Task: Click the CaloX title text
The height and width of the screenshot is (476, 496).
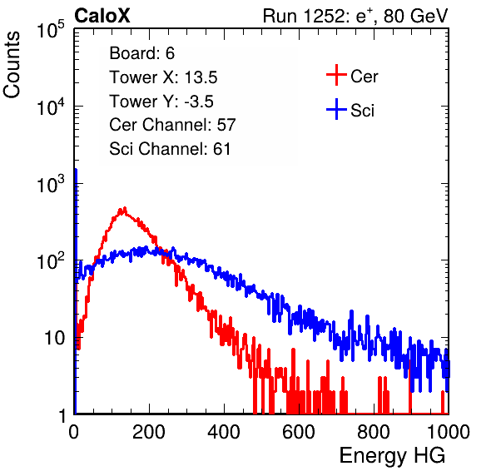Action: pos(102,16)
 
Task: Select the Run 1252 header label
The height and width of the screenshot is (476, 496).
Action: pos(355,16)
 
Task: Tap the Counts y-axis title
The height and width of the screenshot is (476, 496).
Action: pos(12,65)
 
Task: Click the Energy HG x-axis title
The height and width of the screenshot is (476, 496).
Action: pos(392,455)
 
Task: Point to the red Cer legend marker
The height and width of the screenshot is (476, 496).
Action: pos(336,75)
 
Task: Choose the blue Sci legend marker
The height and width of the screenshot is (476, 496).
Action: pos(336,110)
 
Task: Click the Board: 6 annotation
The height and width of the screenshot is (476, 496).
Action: pos(141,53)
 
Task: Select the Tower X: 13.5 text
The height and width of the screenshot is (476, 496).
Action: pos(163,77)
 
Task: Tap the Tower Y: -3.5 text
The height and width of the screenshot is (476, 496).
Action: pos(161,102)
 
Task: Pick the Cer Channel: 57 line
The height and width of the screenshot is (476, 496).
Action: pos(172,125)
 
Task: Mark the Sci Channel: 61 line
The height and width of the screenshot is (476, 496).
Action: pos(170,149)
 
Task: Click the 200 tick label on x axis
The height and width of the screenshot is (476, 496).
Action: pos(149,432)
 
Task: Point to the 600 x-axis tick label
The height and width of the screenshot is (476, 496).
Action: pos(299,432)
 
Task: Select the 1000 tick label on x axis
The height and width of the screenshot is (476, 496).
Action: pos(449,432)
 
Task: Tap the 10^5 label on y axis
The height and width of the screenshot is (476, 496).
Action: pos(51,30)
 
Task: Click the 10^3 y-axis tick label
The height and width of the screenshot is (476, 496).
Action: pos(51,184)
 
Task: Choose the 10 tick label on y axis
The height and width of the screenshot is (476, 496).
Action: pos(55,339)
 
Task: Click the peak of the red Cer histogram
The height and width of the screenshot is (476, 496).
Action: pos(124,208)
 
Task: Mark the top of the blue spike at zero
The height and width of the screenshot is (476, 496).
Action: pos(76,170)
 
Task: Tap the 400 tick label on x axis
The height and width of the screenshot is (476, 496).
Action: pos(224,432)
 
